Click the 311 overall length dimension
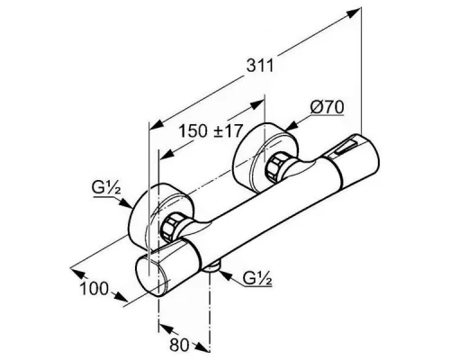tap(260, 66)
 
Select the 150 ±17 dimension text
tap(211, 130)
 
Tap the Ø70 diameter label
tap(327, 107)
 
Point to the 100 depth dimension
tap(94, 289)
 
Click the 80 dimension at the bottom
tap(179, 346)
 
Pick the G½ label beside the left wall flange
tap(106, 188)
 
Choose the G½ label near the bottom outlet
tap(257, 278)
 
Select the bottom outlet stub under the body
tap(212, 266)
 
